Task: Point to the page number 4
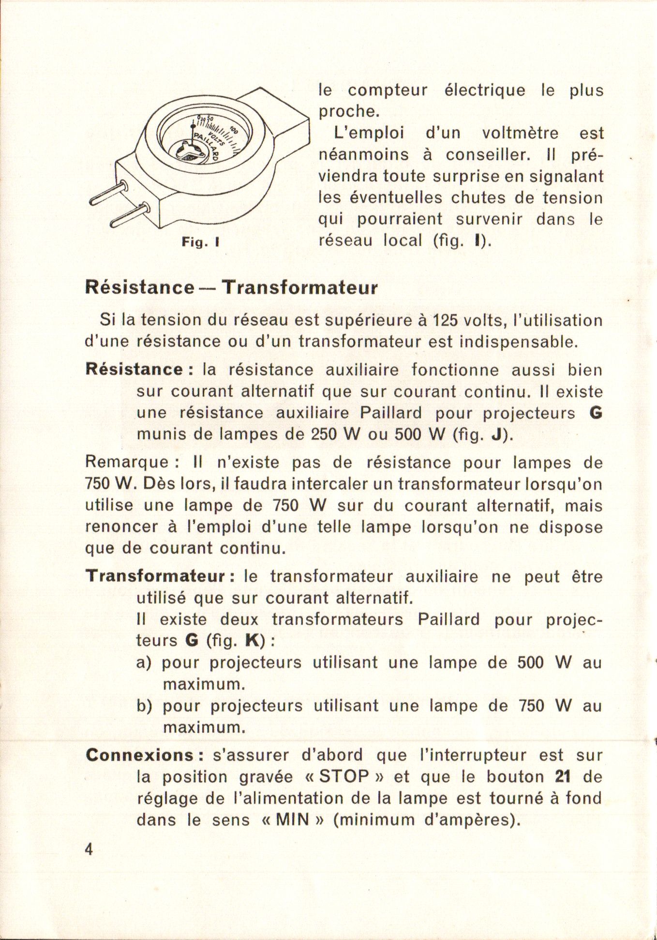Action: point(89,850)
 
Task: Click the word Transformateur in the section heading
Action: point(299,287)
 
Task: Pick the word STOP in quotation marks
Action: point(344,777)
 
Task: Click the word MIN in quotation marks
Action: point(292,820)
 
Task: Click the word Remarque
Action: point(127,463)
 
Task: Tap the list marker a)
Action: point(144,663)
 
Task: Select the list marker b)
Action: point(144,706)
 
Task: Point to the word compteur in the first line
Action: point(388,90)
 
